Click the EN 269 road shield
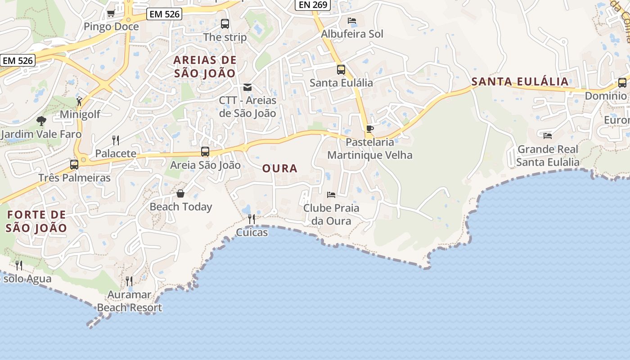pyautogui.click(x=312, y=5)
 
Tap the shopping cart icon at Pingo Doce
pyautogui.click(x=111, y=13)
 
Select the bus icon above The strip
pyautogui.click(x=225, y=24)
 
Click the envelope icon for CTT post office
pyautogui.click(x=247, y=87)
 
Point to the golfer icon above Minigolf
pyautogui.click(x=80, y=101)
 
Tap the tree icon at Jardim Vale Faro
pyautogui.click(x=41, y=121)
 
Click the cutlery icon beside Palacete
pyautogui.click(x=116, y=140)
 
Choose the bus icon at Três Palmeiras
pyautogui.click(x=74, y=164)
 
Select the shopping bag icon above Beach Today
pyautogui.click(x=180, y=193)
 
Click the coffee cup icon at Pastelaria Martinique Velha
pyautogui.click(x=370, y=129)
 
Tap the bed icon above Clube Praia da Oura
pyautogui.click(x=331, y=195)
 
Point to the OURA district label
pyautogui.click(x=280, y=168)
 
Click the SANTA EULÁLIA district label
pyautogui.click(x=520, y=81)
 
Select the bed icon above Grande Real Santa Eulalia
pyautogui.click(x=548, y=135)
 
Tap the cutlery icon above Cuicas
pyautogui.click(x=252, y=219)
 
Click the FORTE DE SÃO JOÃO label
pyautogui.click(x=36, y=221)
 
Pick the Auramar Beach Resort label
pyautogui.click(x=130, y=301)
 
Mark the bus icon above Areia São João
pyautogui.click(x=205, y=152)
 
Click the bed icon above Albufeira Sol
pyautogui.click(x=352, y=21)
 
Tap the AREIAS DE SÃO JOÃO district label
pyautogui.click(x=205, y=67)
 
